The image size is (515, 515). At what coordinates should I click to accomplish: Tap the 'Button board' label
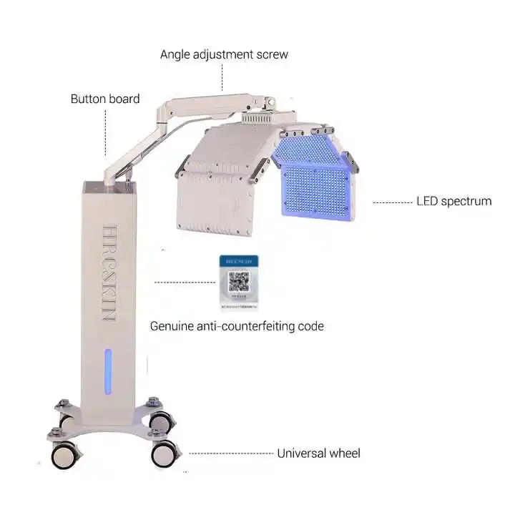104,99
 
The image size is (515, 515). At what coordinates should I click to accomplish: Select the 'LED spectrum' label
453,201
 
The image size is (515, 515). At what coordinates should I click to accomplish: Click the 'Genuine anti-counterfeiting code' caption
237,326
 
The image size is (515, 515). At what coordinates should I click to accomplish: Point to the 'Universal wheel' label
318,453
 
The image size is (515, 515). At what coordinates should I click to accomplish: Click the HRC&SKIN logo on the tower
109,272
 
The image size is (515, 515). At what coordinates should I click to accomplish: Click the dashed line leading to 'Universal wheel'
230,453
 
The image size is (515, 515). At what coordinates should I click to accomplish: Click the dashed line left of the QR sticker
185,282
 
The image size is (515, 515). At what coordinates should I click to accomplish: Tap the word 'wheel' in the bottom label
343,453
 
